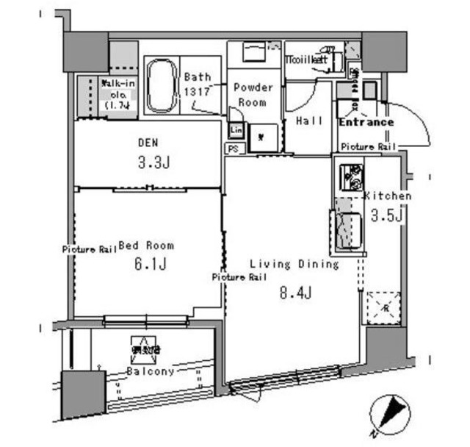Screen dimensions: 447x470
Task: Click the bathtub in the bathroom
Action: click(161, 87)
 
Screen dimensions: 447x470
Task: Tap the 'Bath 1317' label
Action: click(197, 84)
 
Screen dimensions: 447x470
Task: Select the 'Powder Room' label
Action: click(253, 95)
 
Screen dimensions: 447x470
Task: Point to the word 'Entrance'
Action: click(366, 122)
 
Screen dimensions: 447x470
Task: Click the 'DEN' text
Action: click(148, 142)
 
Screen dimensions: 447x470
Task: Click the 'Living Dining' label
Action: click(294, 263)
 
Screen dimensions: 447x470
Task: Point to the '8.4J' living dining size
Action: click(295, 293)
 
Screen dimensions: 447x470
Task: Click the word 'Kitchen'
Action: click(388, 196)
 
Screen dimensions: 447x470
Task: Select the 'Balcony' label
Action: click(151, 371)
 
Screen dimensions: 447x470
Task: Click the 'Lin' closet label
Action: click(236, 130)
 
